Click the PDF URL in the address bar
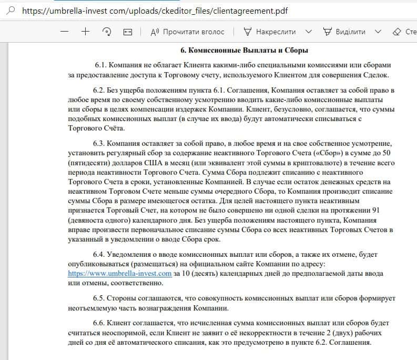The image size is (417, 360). pos(155,11)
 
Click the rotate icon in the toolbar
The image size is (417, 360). pos(107,32)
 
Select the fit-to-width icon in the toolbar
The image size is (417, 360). pos(127,32)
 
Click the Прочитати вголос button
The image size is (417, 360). pos(187,32)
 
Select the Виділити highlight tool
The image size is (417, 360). pos(344,32)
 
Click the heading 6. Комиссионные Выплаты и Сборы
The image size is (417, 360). pos(244,51)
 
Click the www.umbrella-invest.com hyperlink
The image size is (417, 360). pos(120,274)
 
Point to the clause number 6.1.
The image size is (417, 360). pos(101,65)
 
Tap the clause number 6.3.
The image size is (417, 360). pos(99,144)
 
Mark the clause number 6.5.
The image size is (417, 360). pos(99,298)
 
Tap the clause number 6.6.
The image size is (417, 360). pos(99,323)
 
